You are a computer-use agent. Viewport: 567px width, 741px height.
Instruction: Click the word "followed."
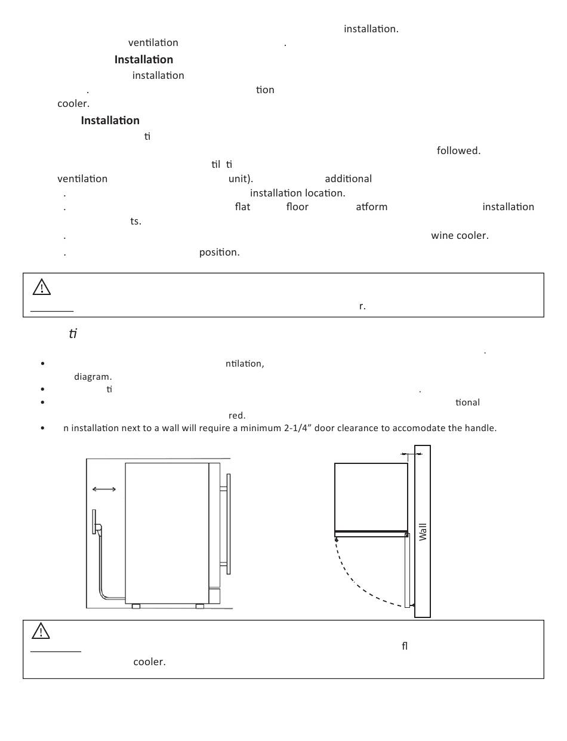458,151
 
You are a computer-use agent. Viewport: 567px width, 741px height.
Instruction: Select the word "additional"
348,179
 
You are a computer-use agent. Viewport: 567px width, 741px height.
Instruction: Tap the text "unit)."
241,179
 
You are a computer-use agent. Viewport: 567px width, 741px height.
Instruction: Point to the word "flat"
242,207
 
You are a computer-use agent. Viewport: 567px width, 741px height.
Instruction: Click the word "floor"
297,207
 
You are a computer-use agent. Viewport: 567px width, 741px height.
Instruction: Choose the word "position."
219,252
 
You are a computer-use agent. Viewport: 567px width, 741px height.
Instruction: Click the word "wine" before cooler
442,236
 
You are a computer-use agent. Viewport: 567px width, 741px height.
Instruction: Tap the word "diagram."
93,377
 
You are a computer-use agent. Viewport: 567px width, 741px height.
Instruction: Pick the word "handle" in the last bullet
480,428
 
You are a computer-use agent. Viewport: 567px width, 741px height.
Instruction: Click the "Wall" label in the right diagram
423,531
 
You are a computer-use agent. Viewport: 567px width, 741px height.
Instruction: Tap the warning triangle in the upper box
41,288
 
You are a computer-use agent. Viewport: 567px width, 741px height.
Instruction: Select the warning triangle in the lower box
41,631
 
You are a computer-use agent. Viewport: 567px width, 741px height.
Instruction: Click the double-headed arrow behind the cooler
104,490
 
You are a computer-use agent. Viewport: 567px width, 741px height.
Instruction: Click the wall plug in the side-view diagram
95,522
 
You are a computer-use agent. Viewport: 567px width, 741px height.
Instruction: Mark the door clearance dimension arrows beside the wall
411,454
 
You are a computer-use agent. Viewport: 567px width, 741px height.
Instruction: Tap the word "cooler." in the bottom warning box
149,662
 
